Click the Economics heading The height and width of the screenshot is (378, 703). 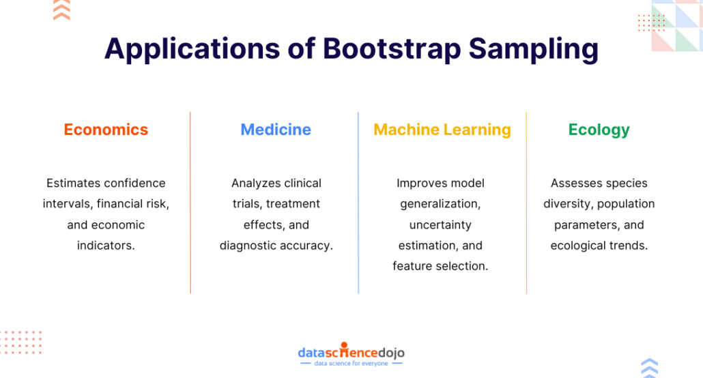tap(106, 130)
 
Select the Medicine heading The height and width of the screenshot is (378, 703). tap(276, 130)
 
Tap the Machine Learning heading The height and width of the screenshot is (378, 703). tap(442, 130)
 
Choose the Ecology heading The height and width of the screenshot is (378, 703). tap(599, 130)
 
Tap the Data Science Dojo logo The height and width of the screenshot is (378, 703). tap(351, 352)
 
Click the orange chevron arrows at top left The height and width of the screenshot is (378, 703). tap(61, 10)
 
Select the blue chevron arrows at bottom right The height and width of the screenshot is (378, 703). tap(650, 368)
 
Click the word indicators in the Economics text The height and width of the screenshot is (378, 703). tap(106, 246)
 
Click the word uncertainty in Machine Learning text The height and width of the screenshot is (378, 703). tap(440, 224)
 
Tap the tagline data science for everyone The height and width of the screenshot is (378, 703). tap(351, 364)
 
